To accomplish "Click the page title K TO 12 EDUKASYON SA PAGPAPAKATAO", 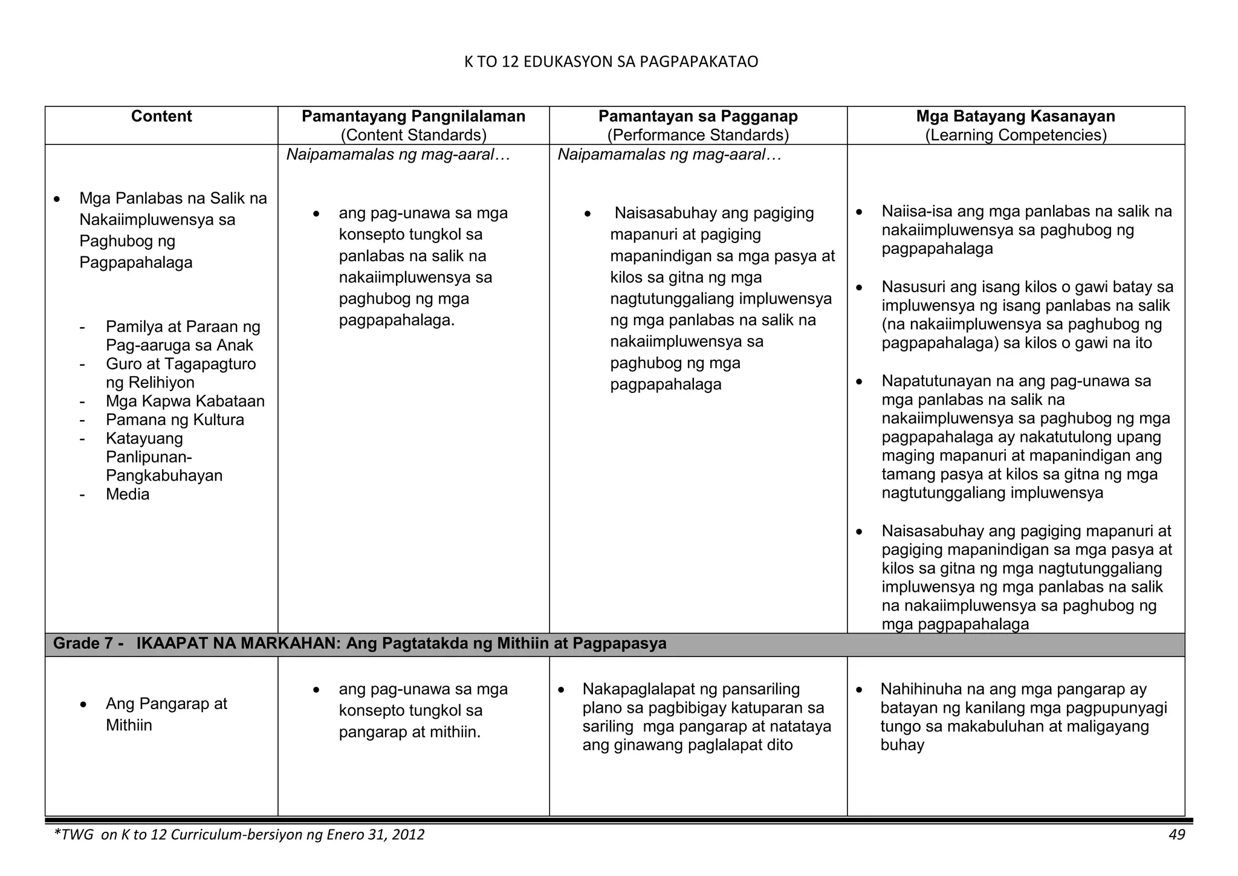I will pyautogui.click(x=611, y=62).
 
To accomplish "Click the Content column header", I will pyautogui.click(x=161, y=117).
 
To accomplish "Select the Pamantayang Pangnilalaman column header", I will pyautogui.click(x=413, y=117).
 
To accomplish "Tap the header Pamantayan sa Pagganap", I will pyautogui.click(x=698, y=117).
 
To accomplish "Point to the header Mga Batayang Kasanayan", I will pyautogui.click(x=1016, y=117).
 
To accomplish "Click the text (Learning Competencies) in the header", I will pyautogui.click(x=1016, y=135).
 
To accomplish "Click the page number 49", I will pyautogui.click(x=1176, y=835).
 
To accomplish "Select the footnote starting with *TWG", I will pyautogui.click(x=239, y=835).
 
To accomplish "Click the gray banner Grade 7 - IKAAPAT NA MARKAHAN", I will pyautogui.click(x=360, y=644).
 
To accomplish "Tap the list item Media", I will pyautogui.click(x=128, y=495).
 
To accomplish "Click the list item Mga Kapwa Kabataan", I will pyautogui.click(x=185, y=401).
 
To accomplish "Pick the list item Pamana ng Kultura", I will pyautogui.click(x=175, y=420).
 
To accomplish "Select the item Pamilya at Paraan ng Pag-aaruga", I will pyautogui.click(x=183, y=336).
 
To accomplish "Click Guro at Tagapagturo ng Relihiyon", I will pyautogui.click(x=180, y=373).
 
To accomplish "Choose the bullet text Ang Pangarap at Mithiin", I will pyautogui.click(x=166, y=714).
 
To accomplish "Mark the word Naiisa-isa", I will pyautogui.click(x=913, y=212).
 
